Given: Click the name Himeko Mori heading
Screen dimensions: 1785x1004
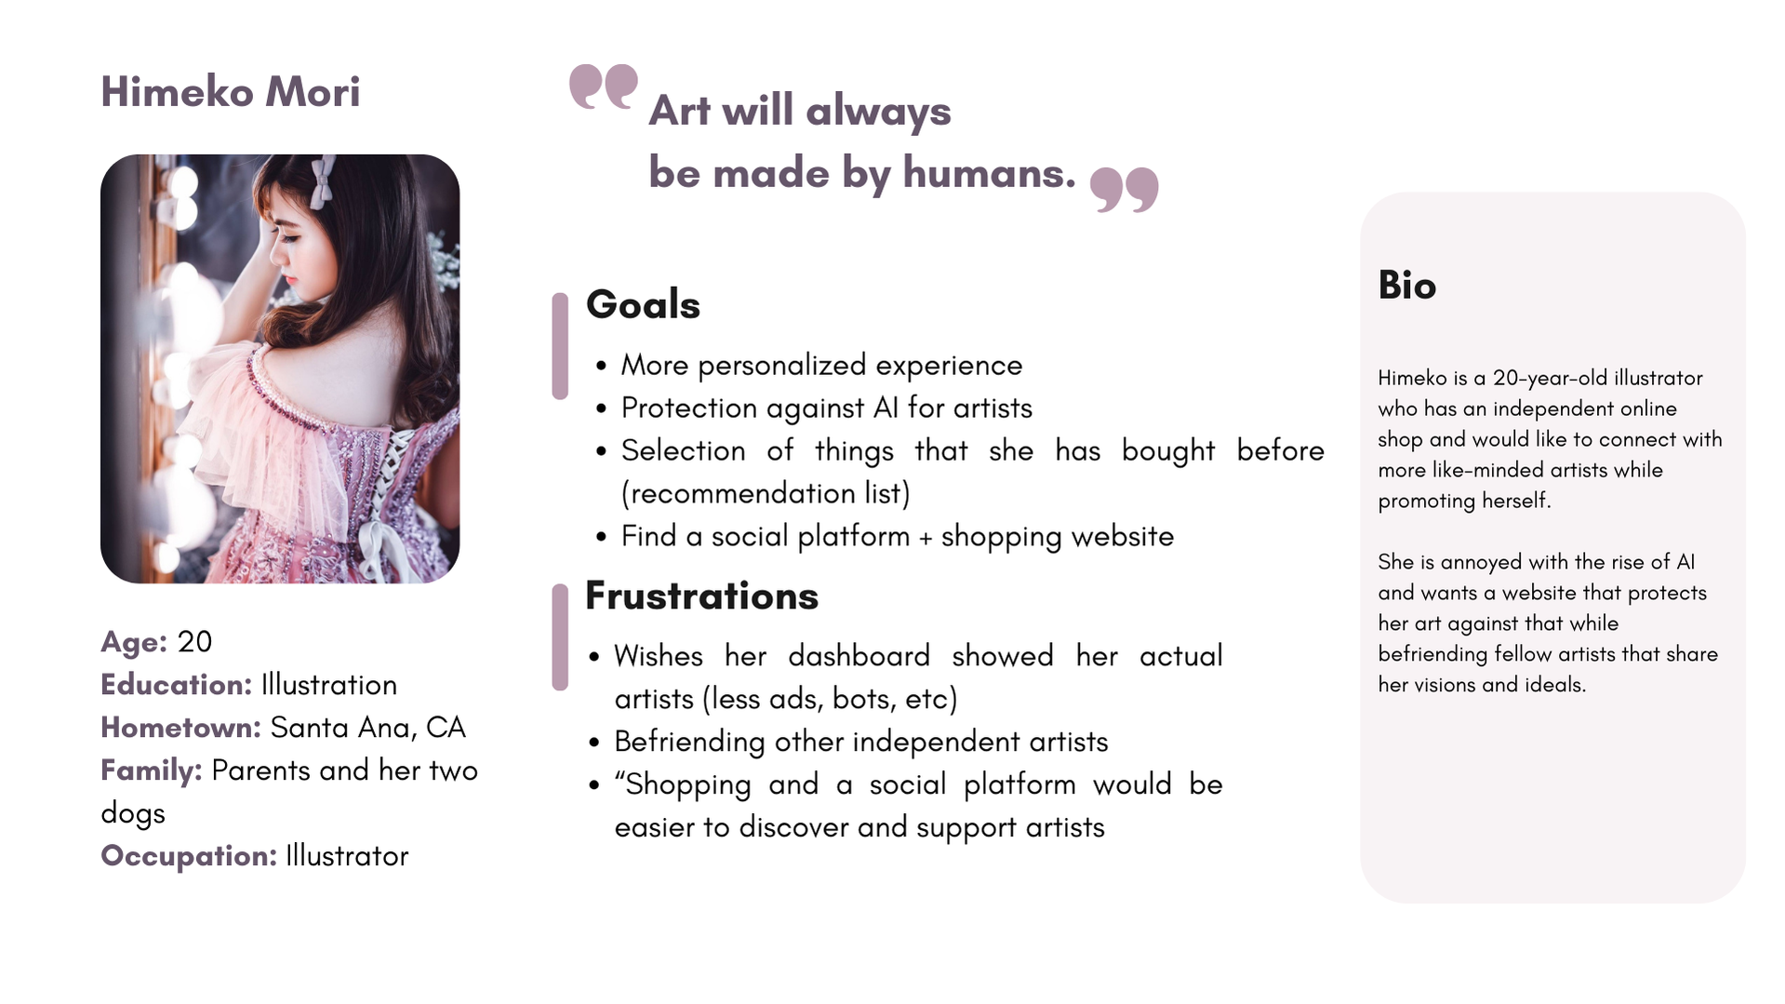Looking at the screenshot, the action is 230,92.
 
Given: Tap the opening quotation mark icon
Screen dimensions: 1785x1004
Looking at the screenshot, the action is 604,87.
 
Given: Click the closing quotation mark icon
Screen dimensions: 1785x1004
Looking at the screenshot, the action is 1124,190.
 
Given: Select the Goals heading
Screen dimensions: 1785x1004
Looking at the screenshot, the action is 643,304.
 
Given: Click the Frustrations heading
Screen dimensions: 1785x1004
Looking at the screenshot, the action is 701,596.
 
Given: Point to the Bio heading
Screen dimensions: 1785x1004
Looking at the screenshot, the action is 1406,285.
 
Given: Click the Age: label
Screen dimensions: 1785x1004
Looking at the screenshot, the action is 134,641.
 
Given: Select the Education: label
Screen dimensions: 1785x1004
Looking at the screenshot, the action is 177,684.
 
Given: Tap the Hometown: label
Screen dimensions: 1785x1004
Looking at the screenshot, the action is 181,727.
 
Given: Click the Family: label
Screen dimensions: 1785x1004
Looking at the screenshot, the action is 152,770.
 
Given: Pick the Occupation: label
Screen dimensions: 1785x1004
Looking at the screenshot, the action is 189,856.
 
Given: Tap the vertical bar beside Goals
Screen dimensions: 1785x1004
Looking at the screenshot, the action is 560,346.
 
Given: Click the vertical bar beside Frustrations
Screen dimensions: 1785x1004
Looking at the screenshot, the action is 560,637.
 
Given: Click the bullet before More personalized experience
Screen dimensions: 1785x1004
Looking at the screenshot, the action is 602,367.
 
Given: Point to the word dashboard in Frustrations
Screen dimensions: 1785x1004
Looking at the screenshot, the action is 859,655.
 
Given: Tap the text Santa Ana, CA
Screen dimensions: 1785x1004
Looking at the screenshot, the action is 367,727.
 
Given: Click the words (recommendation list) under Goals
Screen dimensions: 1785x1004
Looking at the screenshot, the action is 766,493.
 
